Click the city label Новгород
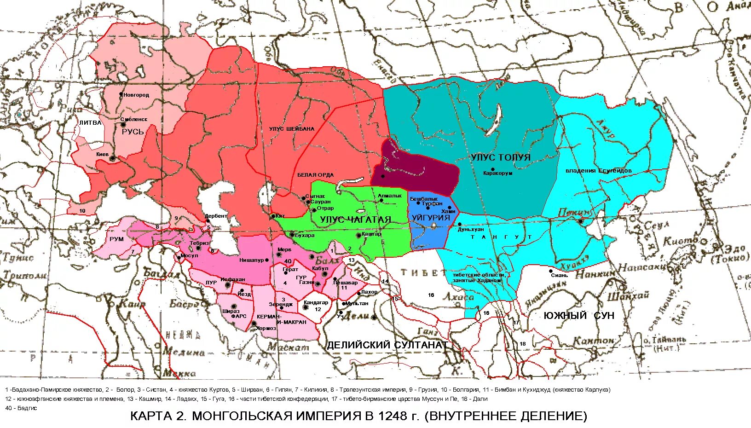[x=136, y=95]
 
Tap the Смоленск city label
[x=134, y=119]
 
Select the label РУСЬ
[x=133, y=132]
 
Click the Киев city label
[x=102, y=155]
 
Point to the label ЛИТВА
[x=90, y=123]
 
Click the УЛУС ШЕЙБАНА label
[x=292, y=129]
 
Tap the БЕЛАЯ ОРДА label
[x=315, y=175]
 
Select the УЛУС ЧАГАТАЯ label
[x=355, y=220]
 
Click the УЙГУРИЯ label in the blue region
[x=431, y=218]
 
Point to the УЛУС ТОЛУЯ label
[x=501, y=157]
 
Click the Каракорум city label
[x=497, y=174]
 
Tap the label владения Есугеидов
[x=598, y=171]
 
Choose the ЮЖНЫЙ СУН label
[x=579, y=316]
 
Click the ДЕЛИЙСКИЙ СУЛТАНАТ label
[x=387, y=345]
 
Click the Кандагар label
[x=316, y=303]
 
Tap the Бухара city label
[x=305, y=236]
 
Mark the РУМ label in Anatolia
[x=116, y=239]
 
